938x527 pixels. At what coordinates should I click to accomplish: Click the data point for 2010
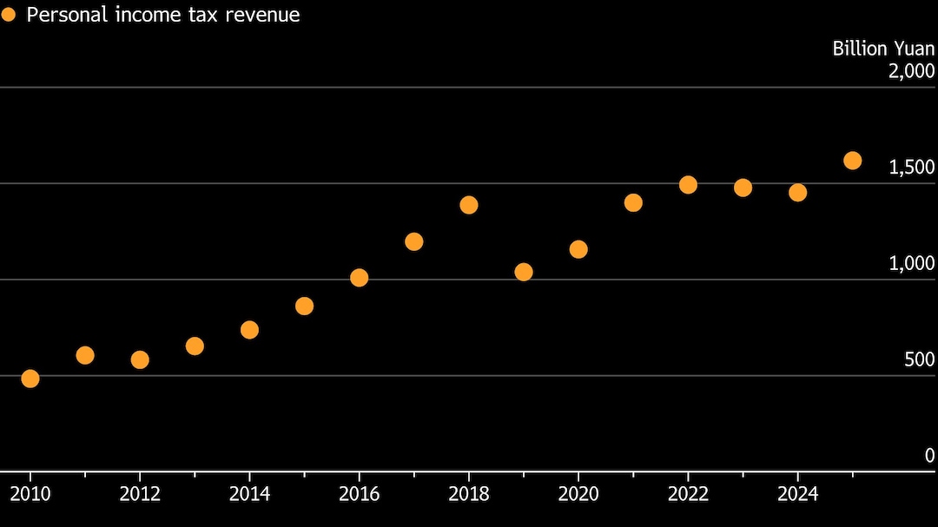30,379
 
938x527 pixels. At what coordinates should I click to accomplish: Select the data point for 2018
469,205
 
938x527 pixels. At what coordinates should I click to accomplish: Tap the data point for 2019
524,272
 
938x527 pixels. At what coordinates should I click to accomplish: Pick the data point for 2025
853,161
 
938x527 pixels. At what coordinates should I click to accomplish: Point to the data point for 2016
360,278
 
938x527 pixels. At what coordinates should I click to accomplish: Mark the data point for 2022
689,185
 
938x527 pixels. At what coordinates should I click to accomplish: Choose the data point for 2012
140,359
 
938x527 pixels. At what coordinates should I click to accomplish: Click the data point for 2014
249,330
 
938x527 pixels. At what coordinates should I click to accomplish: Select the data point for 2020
578,249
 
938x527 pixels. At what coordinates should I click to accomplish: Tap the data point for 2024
798,193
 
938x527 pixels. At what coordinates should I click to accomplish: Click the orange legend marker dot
9,15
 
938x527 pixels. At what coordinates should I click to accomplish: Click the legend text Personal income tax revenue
163,15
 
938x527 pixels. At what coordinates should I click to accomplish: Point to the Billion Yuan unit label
883,49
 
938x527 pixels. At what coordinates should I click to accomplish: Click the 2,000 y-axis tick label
911,71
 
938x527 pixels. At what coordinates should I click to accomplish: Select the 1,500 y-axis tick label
911,168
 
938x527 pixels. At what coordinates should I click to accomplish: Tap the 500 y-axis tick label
919,359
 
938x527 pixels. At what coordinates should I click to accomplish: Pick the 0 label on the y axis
929,456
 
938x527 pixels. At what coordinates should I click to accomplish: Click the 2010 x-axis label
30,494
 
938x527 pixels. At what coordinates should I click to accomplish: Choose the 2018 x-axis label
469,494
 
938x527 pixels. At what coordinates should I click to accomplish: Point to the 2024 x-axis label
798,494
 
